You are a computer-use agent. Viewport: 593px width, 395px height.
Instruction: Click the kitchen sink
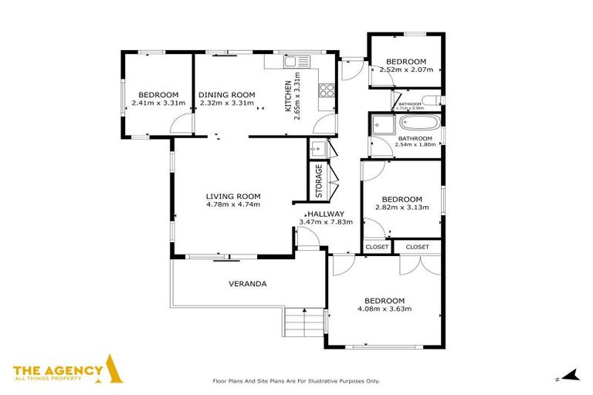[x=291, y=62]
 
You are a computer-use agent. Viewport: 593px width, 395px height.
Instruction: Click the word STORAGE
[x=318, y=181]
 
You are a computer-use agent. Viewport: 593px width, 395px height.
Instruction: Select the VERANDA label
[x=248, y=284]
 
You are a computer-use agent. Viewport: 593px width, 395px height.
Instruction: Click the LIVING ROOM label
[x=233, y=196]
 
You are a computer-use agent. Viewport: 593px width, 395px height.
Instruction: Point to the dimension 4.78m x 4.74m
[x=233, y=204]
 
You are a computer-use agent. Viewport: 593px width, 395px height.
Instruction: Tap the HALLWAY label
[x=325, y=214]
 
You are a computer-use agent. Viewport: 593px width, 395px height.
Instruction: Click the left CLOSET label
[x=378, y=247]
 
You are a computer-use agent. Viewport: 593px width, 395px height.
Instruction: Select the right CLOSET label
[x=417, y=247]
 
